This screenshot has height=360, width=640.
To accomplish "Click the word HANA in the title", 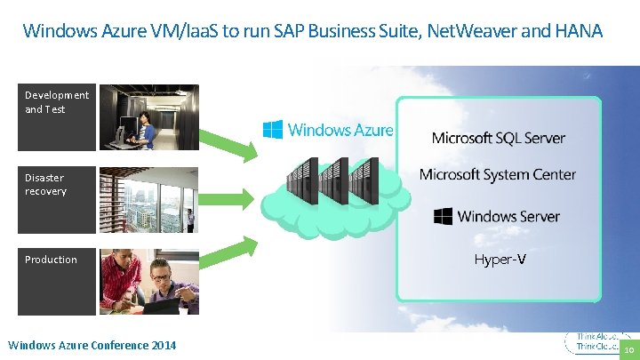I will coord(579,32).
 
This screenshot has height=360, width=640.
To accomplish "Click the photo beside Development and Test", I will coord(148,116).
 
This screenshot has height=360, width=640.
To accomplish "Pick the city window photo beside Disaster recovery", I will coord(148,199).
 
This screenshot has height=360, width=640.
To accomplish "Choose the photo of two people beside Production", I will coord(148,282).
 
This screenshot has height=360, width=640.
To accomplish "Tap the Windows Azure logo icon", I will coord(272,130).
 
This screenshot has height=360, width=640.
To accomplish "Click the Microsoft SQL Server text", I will coord(498,138).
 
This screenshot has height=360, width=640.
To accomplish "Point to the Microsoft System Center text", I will coord(498,174).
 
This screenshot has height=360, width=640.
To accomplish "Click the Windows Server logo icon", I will coord(443,216).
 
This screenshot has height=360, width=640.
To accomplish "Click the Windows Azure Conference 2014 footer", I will coord(92,345).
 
